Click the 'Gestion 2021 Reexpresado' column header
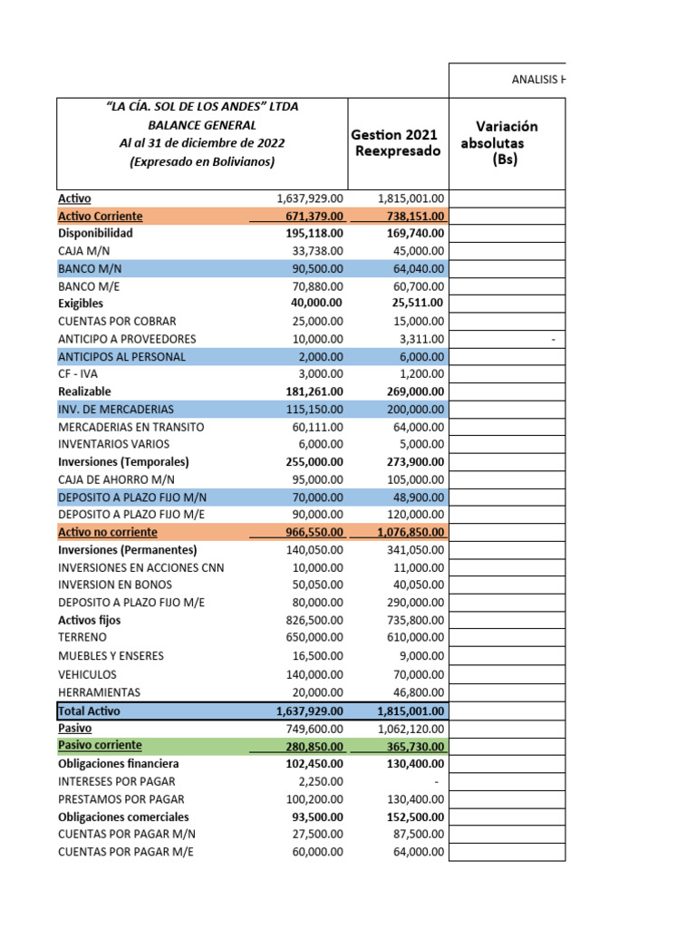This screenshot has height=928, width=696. click(398, 143)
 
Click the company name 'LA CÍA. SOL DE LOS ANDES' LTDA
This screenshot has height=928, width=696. click(202, 107)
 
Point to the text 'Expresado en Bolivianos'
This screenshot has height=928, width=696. click(202, 161)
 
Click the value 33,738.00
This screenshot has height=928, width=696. click(312, 250)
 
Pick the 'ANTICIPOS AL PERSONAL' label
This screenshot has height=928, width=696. click(121, 356)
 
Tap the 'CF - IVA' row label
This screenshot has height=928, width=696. click(79, 374)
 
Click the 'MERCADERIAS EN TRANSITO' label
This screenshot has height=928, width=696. click(130, 427)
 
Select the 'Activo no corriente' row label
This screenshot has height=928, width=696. click(107, 532)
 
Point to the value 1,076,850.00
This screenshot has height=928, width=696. click(411, 533)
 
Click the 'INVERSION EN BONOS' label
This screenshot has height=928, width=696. click(114, 585)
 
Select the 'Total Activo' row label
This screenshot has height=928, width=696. click(90, 711)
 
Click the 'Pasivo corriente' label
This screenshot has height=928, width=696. click(100, 745)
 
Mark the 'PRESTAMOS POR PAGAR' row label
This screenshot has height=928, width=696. click(121, 798)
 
